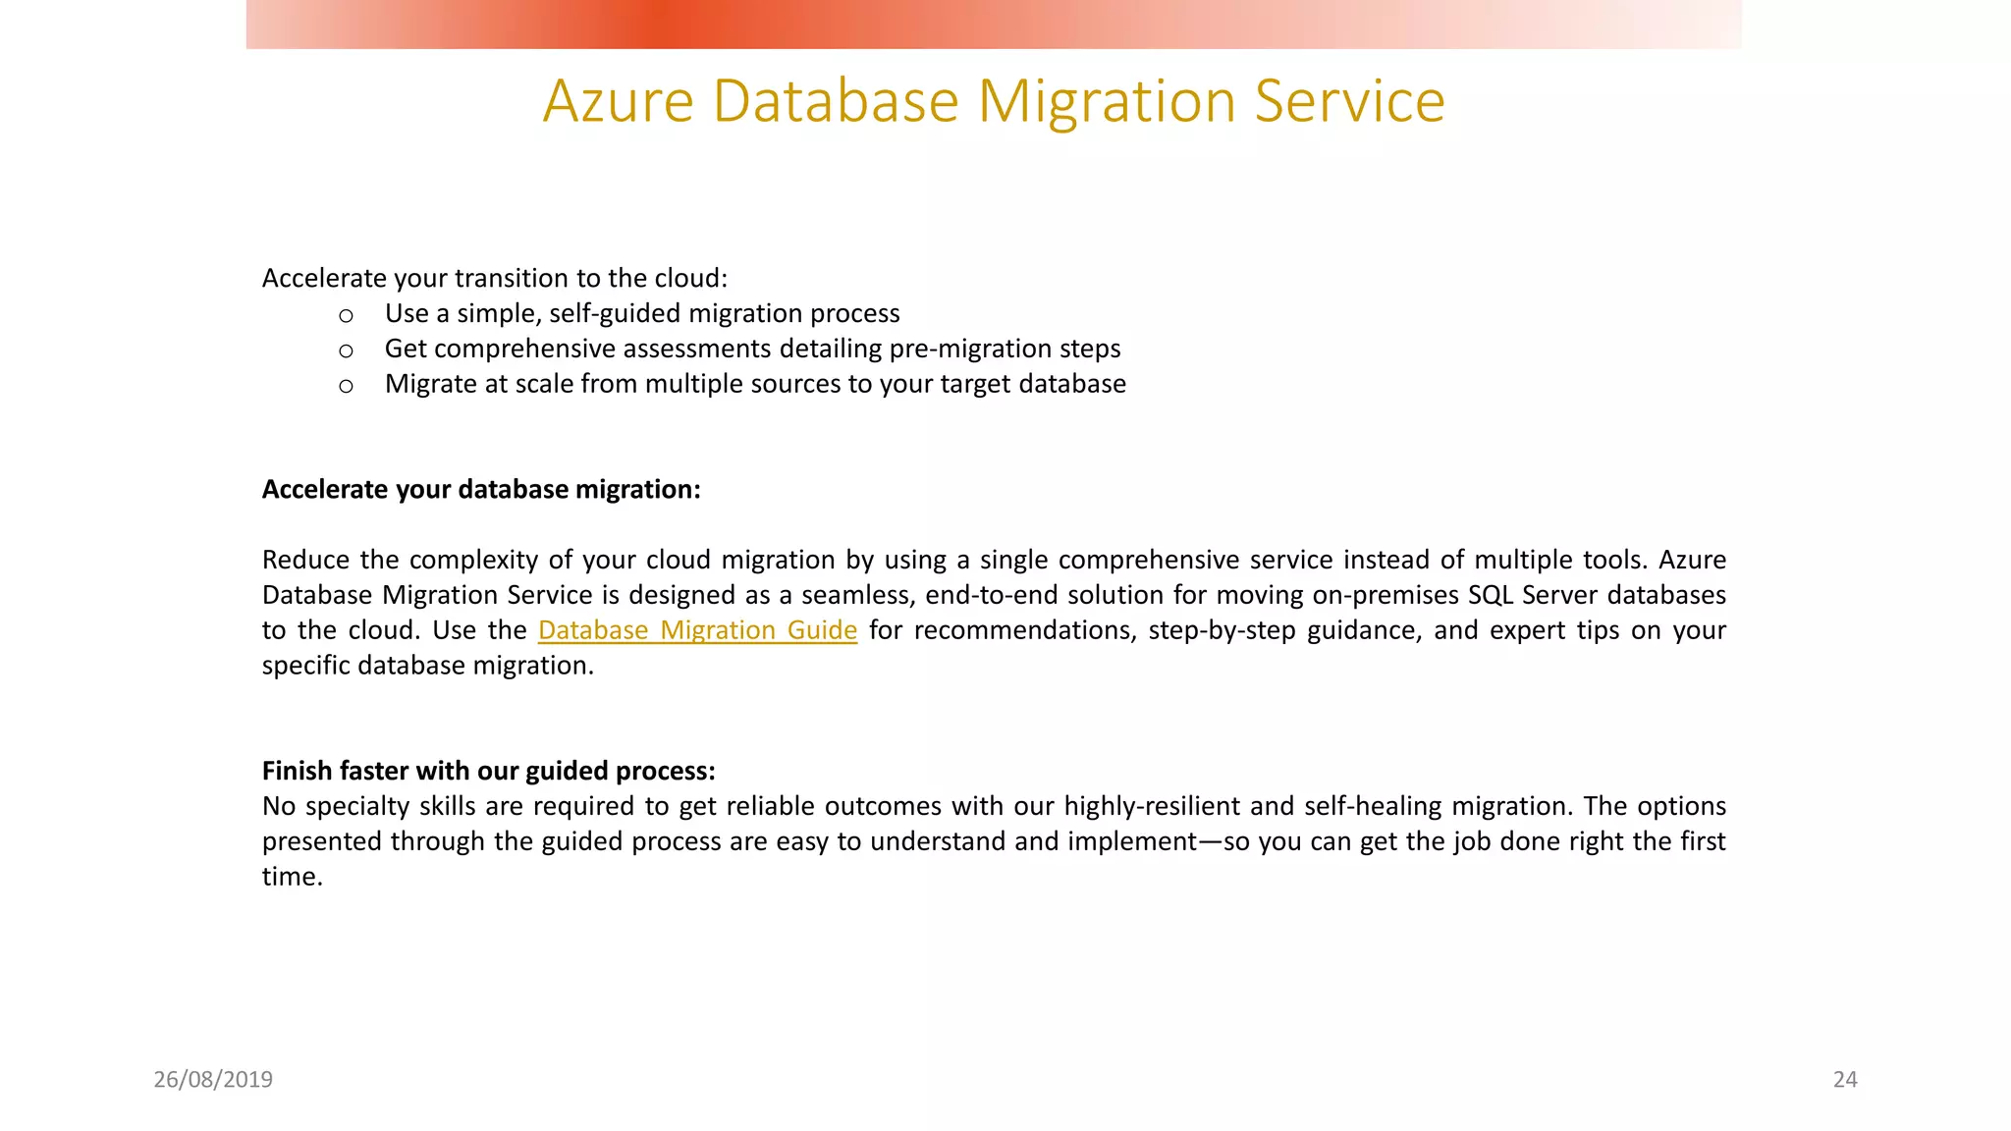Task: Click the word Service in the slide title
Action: click(x=1349, y=101)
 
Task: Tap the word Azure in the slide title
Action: click(x=619, y=101)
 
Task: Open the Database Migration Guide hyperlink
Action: click(x=697, y=630)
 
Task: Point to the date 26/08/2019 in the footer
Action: click(x=213, y=1079)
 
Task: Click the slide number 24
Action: click(x=1845, y=1079)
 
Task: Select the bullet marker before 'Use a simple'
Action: click(x=346, y=316)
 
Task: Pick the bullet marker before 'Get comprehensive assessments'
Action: click(x=346, y=351)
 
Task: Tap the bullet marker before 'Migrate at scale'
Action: click(x=346, y=387)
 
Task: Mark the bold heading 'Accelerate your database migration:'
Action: click(x=481, y=489)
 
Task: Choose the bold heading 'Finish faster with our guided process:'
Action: click(x=488, y=771)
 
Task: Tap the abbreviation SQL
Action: click(x=1491, y=595)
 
